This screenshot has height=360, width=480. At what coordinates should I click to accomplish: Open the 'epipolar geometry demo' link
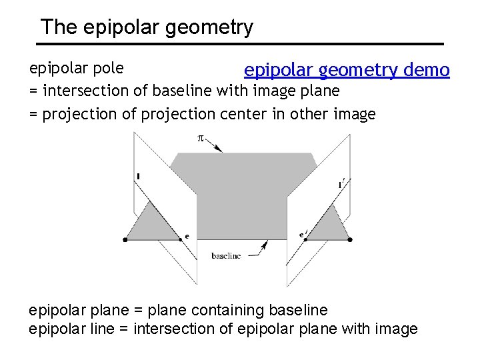[347, 70]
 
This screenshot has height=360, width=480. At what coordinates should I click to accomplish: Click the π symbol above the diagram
[199, 138]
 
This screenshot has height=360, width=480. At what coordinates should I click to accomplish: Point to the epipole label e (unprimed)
[187, 236]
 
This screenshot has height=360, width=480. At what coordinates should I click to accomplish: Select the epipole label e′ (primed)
[303, 235]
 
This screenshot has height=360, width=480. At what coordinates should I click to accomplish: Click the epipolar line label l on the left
[137, 176]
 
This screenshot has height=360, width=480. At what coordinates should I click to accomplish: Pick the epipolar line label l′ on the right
[342, 183]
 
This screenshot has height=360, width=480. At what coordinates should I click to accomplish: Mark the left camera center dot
[125, 239]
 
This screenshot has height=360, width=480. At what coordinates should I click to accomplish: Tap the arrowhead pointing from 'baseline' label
[265, 245]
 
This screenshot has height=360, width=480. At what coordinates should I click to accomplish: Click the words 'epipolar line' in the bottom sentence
[71, 329]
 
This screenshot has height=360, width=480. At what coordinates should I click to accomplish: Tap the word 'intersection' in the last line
[172, 329]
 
